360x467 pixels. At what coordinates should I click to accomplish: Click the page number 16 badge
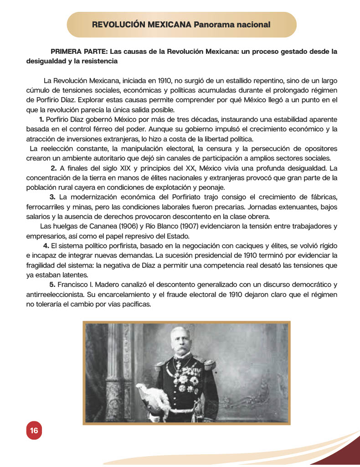pos(34,431)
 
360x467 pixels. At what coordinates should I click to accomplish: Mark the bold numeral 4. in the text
pos(46,246)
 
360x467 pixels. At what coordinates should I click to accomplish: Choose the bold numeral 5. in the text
pos(52,285)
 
